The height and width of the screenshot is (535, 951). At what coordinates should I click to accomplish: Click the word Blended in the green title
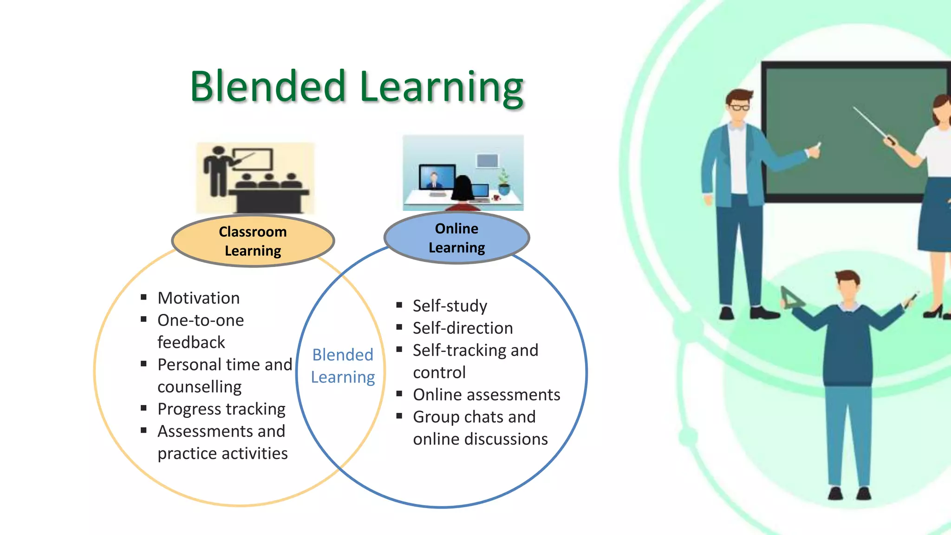pyautogui.click(x=268, y=86)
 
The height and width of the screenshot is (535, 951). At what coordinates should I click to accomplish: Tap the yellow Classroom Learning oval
pyautogui.click(x=253, y=241)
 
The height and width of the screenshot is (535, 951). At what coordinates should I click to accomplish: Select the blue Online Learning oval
pyautogui.click(x=456, y=238)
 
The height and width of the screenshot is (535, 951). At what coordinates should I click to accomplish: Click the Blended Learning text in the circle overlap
pyautogui.click(x=343, y=366)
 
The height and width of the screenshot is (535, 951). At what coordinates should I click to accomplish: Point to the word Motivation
pyautogui.click(x=199, y=298)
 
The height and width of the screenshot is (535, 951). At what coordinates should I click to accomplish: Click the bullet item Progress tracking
pyautogui.click(x=221, y=409)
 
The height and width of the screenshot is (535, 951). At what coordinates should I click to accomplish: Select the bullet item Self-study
pyautogui.click(x=450, y=306)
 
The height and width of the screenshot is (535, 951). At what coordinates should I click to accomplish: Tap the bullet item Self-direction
pyautogui.click(x=462, y=328)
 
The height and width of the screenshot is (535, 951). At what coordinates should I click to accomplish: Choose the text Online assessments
pyautogui.click(x=487, y=395)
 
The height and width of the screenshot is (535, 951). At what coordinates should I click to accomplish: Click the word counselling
pyautogui.click(x=200, y=387)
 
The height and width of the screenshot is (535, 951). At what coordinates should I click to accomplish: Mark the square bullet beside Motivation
pyautogui.click(x=144, y=297)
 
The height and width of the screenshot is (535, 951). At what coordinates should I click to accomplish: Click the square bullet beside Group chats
pyautogui.click(x=399, y=416)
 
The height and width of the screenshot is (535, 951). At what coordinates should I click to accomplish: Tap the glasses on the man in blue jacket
pyautogui.click(x=739, y=108)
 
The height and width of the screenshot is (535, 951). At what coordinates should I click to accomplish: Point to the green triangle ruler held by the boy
pyautogui.click(x=791, y=299)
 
